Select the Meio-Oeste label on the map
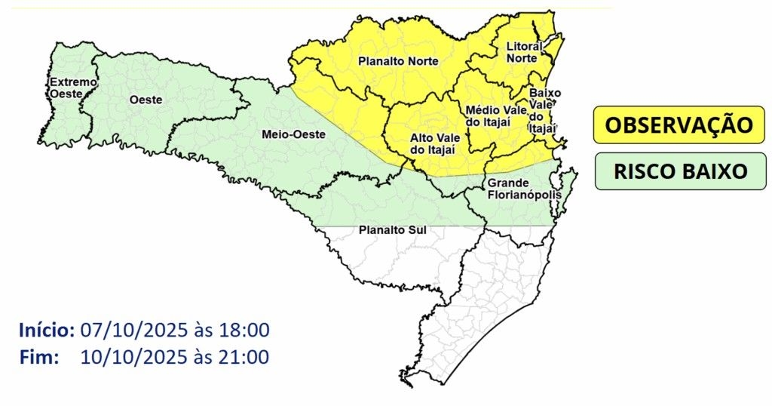tap(293, 134)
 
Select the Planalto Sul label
tap(388, 230)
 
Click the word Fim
tap(39, 357)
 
